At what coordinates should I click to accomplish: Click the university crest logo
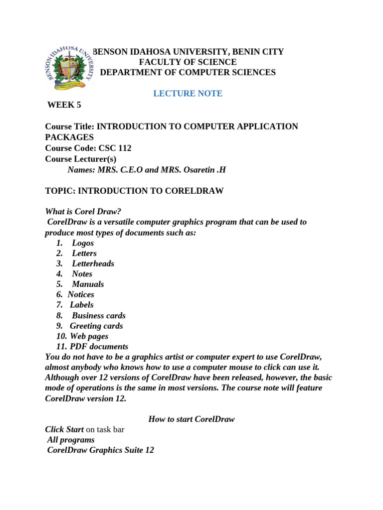point(68,68)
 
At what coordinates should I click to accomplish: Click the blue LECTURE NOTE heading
point(188,94)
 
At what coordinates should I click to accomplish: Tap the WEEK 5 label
point(64,105)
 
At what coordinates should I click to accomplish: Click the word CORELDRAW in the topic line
point(196,191)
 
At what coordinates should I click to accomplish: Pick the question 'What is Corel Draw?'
point(83,211)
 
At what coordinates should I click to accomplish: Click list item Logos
point(83,243)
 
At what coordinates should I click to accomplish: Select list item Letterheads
point(93,263)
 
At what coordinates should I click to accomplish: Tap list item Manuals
point(88,284)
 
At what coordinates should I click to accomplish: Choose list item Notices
point(81,294)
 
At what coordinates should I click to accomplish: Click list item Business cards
point(99,315)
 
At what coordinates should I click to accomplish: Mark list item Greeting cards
point(96,326)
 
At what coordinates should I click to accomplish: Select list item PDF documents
point(99,347)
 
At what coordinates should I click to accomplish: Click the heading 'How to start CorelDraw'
point(191,419)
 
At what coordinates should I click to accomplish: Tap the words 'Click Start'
point(64,429)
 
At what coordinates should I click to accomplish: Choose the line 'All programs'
point(71,440)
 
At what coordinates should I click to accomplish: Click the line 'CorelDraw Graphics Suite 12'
point(100,450)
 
